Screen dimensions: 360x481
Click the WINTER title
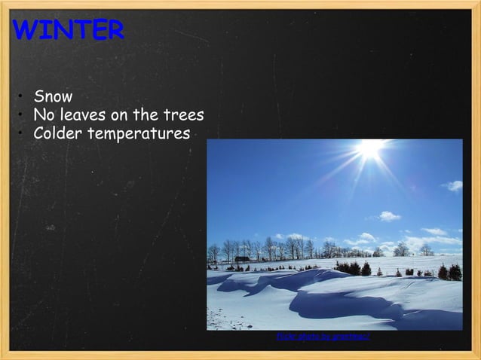coord(68,31)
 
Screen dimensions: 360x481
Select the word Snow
coord(53,97)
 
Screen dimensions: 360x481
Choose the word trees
coord(185,115)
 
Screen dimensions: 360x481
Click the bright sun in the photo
coord(369,148)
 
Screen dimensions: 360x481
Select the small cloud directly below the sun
coord(389,216)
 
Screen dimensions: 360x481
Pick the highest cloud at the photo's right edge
coord(454,185)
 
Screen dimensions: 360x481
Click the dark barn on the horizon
coord(242,258)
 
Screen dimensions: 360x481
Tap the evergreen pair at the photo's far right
coord(449,272)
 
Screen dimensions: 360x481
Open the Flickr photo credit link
coord(323,337)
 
